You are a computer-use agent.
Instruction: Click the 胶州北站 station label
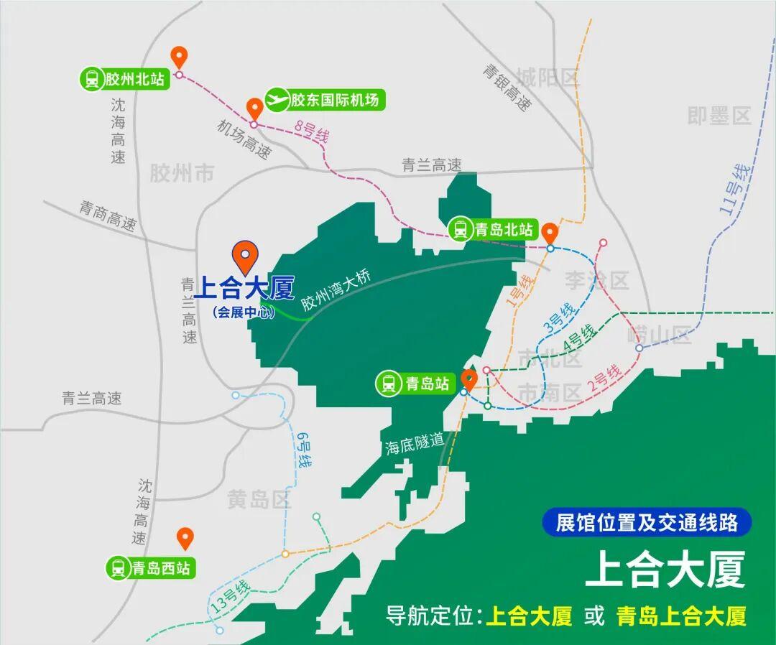coord(124,79)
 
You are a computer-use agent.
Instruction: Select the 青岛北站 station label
coord(493,230)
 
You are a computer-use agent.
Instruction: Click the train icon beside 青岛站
coord(389,384)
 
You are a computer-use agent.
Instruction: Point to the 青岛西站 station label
coord(151,569)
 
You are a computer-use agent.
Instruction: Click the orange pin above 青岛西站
coord(185,538)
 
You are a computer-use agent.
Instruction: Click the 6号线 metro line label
coord(302,450)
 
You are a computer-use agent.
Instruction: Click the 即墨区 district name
coord(719,116)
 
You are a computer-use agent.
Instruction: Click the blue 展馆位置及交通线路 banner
coord(647,522)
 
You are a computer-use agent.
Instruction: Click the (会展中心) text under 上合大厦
coord(244,313)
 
